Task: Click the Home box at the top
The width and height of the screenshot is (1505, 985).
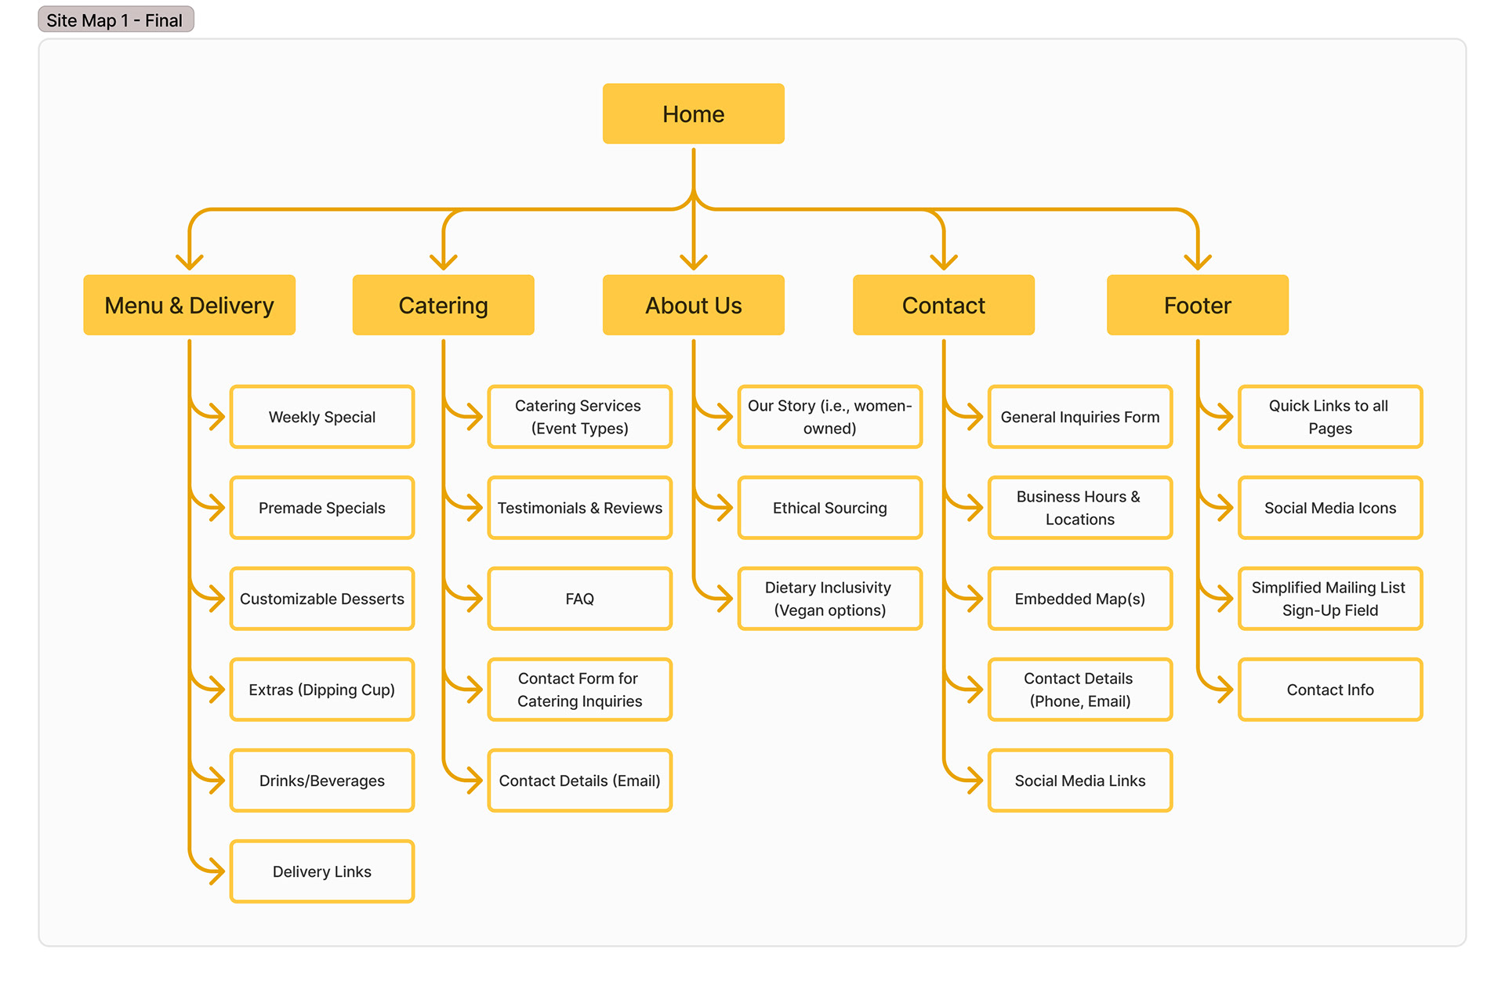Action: point(693,114)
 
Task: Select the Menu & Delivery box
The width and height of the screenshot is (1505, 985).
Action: point(189,305)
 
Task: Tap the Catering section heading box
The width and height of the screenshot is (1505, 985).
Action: point(443,305)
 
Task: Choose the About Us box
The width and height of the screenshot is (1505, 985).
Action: point(693,305)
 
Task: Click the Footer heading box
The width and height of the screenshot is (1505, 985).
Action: point(1197,305)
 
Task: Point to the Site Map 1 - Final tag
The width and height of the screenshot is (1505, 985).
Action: point(115,20)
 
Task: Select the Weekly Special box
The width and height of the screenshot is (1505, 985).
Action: point(321,417)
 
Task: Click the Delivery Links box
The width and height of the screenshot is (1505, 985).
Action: point(321,871)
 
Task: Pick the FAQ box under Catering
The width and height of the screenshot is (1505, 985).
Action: point(579,599)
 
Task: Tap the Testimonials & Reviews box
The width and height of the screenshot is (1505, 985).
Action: point(579,508)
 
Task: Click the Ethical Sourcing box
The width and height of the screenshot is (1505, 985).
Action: point(829,508)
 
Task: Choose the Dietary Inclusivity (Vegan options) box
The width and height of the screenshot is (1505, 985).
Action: point(829,599)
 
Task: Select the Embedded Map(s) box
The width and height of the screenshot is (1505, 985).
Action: point(1079,599)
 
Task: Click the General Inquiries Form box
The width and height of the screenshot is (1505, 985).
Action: point(1079,417)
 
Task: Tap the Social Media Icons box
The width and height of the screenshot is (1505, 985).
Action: point(1329,508)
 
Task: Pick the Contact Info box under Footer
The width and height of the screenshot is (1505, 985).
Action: point(1329,690)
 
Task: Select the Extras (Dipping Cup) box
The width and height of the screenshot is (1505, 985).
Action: point(321,690)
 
